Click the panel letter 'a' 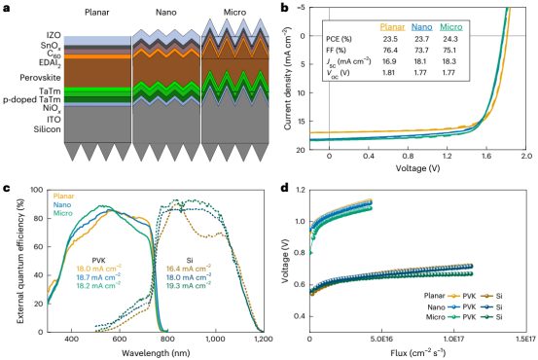pyautogui.click(x=7, y=8)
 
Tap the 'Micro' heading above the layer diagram pyautogui.click(x=234, y=13)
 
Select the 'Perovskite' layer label pyautogui.click(x=40, y=78)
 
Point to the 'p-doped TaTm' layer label pyautogui.click(x=32, y=100)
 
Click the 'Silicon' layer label pyautogui.click(x=47, y=129)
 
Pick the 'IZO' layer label pyautogui.click(x=54, y=35)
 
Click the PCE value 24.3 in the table pyautogui.click(x=450, y=39)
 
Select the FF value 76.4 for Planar pyautogui.click(x=390, y=51)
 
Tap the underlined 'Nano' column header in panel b pyautogui.click(x=421, y=27)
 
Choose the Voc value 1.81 pyautogui.click(x=390, y=73)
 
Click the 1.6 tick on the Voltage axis pyautogui.click(x=486, y=156)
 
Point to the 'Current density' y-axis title pyautogui.click(x=288, y=78)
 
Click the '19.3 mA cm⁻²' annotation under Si pyautogui.click(x=189, y=285)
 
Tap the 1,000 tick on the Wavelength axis pyautogui.click(x=215, y=340)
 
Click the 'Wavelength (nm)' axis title pyautogui.click(x=156, y=353)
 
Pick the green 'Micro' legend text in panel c pyautogui.click(x=63, y=213)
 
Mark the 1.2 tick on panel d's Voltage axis pyautogui.click(x=300, y=190)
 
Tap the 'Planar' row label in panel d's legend pyautogui.click(x=434, y=296)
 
